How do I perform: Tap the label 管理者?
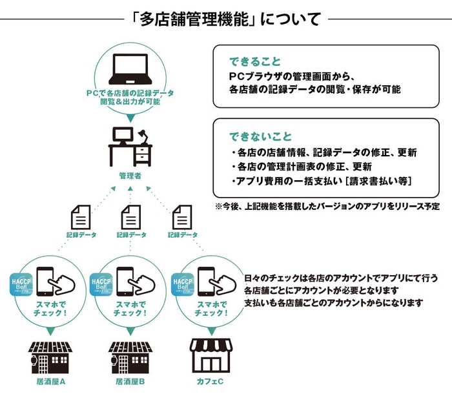130,175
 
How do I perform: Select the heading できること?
255,62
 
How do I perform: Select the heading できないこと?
261,137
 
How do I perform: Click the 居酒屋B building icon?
130,355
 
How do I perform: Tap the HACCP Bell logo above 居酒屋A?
24,285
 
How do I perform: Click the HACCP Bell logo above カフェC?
183,285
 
